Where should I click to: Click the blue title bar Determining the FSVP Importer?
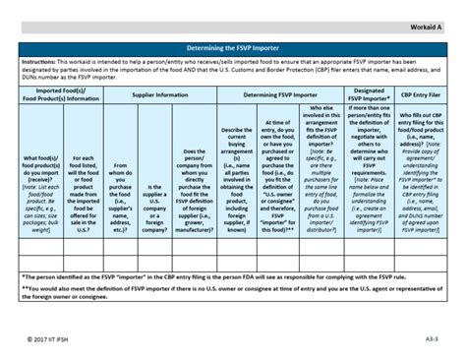click(233, 46)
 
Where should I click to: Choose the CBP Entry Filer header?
click(421, 94)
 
